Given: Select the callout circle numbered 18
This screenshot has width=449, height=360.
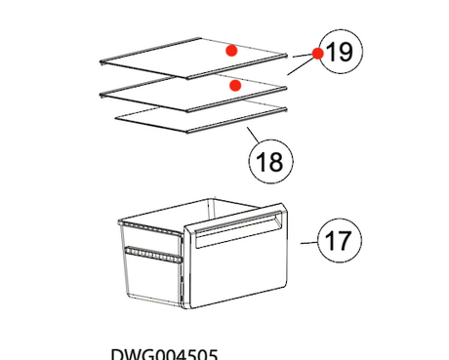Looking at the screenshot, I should [x=268, y=161].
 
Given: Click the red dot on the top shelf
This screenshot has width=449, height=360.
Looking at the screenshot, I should [x=231, y=50].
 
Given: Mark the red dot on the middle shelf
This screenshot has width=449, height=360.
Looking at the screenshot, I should [x=234, y=86].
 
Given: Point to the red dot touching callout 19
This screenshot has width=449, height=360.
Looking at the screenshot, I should [x=317, y=54].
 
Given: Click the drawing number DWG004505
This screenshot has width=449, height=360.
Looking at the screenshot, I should [x=164, y=353].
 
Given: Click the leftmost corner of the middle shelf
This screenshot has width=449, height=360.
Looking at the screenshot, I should [x=102, y=95].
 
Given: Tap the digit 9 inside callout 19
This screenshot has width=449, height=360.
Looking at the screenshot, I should [x=345, y=53].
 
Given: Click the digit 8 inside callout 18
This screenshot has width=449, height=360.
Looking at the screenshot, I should [x=276, y=161].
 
